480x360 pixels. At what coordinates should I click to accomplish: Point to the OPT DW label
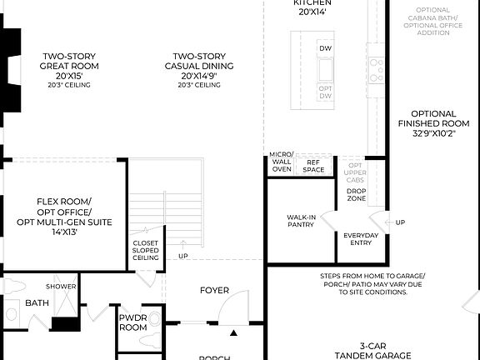tap(325, 92)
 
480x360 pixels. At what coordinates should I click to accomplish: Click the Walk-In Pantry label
tap(301, 219)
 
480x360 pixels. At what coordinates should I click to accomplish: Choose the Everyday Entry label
tap(361, 239)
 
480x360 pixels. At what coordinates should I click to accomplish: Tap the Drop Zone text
tap(357, 195)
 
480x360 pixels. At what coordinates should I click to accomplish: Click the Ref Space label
tap(314, 166)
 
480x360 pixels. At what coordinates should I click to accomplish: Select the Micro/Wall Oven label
tap(282, 162)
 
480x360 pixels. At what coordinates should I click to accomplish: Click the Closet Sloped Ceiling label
tap(146, 251)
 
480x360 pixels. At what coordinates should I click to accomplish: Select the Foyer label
tap(214, 291)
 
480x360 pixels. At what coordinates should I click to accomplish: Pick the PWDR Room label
tap(132, 322)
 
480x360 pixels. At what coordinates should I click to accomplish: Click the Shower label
tap(61, 287)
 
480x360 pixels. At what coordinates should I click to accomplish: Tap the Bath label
tap(37, 303)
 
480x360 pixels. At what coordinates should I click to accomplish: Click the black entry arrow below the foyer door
tap(233, 333)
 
